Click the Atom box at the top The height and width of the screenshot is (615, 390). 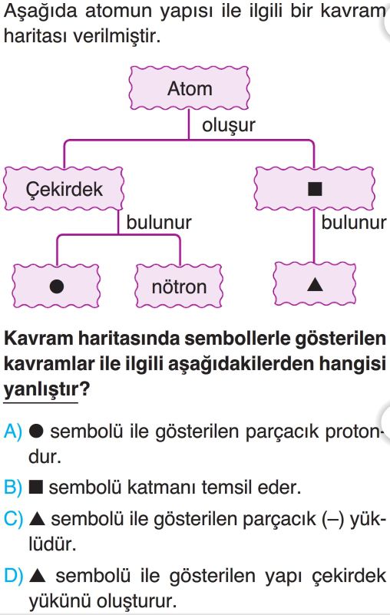click(189, 88)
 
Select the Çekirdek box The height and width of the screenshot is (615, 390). click(64, 189)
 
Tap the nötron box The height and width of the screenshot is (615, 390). click(179, 286)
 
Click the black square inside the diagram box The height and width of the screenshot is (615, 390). click(315, 189)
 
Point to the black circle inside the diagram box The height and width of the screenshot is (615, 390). click(57, 286)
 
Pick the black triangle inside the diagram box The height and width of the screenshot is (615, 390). click(315, 284)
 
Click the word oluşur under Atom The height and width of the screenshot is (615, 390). click(228, 125)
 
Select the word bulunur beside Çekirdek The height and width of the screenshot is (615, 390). click(158, 223)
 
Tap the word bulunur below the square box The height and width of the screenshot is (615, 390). click(353, 223)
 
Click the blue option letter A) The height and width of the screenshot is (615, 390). click(13, 431)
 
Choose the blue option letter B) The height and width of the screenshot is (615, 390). click(13, 488)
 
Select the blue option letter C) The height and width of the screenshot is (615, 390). click(13, 519)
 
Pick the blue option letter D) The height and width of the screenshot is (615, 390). click(13, 576)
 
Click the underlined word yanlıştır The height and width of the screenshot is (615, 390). click(41, 390)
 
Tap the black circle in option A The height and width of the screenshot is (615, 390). click(36, 431)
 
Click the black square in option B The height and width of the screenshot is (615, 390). click(36, 488)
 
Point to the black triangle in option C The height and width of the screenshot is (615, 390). click(38, 518)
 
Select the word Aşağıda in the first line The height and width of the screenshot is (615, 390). click(41, 12)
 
